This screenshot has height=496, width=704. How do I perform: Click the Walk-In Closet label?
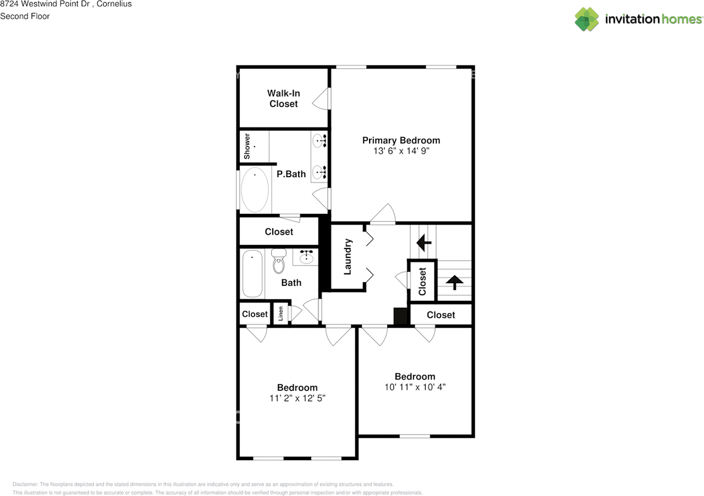(283, 98)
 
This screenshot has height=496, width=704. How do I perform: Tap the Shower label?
(248, 146)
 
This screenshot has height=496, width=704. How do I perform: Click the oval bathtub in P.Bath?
(255, 190)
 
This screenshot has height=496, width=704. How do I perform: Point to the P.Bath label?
(291, 174)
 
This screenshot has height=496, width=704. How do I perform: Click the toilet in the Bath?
(279, 261)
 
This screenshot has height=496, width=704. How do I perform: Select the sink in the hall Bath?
(306, 257)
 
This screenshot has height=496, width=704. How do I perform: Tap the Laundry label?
(347, 256)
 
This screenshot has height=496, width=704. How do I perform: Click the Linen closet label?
(281, 314)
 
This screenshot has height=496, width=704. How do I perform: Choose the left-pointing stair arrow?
(424, 242)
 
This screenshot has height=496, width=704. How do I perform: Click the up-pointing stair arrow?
(454, 283)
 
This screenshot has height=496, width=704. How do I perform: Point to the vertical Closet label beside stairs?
(422, 281)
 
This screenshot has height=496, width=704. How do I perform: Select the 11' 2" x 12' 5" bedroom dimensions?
(297, 398)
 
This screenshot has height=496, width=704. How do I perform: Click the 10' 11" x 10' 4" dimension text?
(415, 387)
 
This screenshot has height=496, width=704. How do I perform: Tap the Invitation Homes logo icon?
(587, 19)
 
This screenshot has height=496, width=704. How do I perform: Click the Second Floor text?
(25, 16)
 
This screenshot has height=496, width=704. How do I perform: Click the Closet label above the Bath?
(279, 232)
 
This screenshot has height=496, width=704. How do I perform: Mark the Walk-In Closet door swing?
(321, 99)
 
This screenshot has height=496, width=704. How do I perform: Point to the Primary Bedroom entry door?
(383, 216)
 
